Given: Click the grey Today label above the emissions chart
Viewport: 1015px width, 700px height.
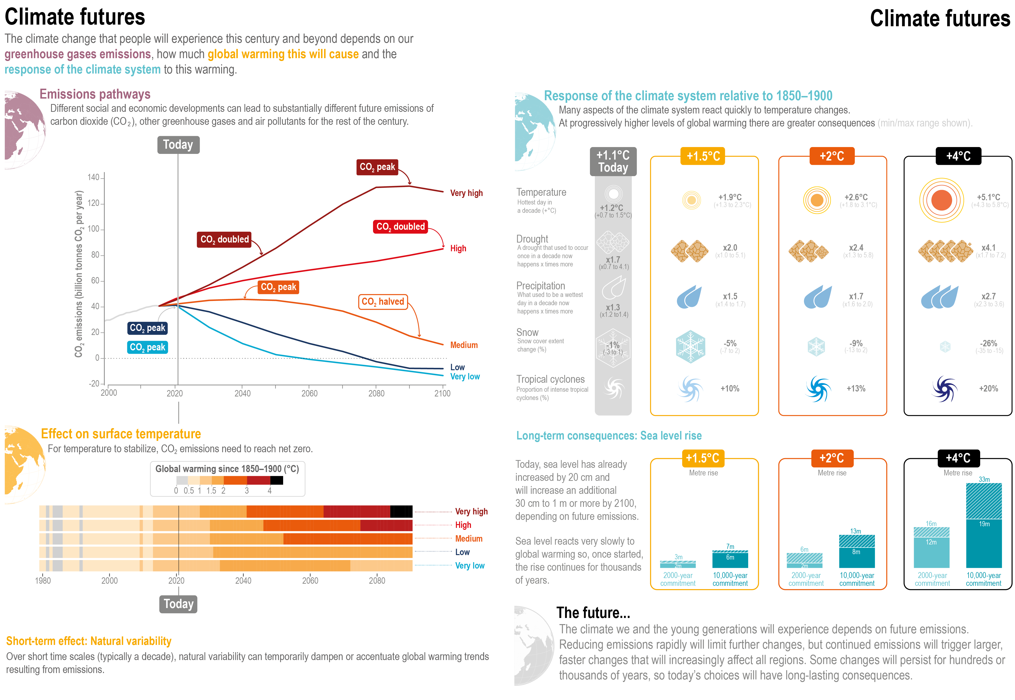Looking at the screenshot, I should tap(178, 145).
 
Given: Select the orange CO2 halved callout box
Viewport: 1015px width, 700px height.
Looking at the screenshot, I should tap(383, 302).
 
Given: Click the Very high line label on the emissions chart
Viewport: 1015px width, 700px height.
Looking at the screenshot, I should tap(466, 193).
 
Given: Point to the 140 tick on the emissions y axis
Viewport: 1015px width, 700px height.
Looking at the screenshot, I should tap(93, 178).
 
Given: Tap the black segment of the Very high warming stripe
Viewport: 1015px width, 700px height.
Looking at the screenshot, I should tap(401, 511).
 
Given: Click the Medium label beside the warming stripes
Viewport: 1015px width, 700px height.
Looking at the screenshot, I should tap(469, 539).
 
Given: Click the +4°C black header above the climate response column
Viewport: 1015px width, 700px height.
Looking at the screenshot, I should tap(958, 156).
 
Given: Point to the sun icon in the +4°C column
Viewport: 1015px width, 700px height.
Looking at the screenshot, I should tap(941, 200).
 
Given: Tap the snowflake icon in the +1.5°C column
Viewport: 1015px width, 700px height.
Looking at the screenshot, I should tap(690, 347).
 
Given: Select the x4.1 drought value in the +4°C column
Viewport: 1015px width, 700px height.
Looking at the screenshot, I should tap(988, 248).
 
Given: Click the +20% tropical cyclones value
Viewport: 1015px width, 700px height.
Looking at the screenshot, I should tap(988, 389).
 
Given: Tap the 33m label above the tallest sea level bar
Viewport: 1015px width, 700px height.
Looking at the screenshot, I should tap(984, 479).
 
